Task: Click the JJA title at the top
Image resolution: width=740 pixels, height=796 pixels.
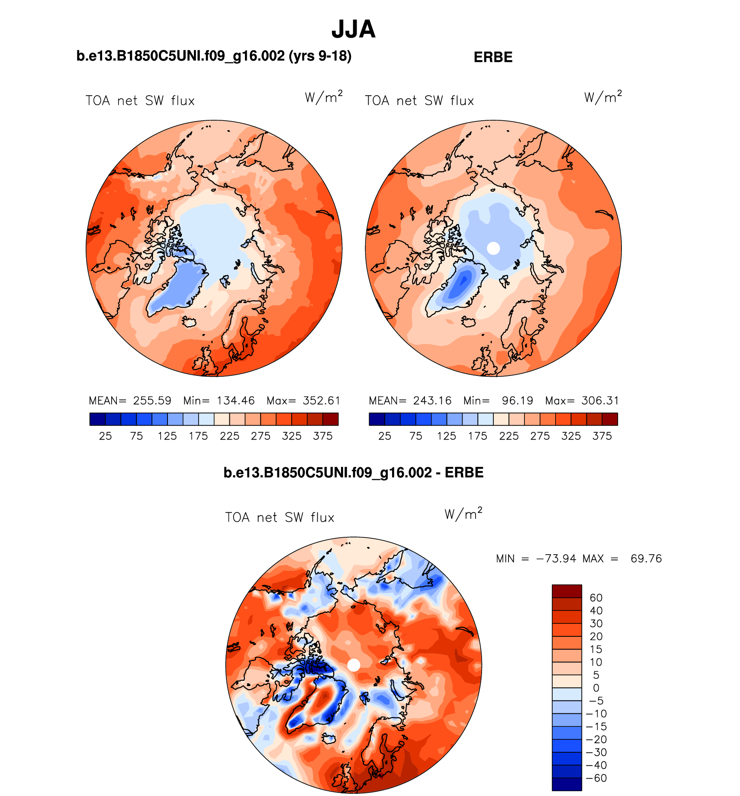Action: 353,29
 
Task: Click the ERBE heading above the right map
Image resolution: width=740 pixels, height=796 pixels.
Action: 493,57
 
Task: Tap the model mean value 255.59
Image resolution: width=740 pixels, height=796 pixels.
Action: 152,401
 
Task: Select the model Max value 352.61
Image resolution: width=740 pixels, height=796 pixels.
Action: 322,401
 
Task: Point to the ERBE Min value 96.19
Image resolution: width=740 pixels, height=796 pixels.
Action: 517,401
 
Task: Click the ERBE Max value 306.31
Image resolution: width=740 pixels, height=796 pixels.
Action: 600,401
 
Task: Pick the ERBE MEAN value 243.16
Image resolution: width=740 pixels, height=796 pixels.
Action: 432,401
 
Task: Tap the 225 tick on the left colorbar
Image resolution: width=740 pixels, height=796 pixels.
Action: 229,436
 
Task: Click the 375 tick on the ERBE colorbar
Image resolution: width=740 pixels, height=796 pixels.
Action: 602,436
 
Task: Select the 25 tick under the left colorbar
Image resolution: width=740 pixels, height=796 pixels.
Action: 105,436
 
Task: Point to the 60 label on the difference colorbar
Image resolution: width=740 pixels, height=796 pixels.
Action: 596,598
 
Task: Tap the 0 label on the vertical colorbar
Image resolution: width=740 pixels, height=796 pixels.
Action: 596,688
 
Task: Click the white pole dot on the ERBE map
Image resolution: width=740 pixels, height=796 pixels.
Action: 493,248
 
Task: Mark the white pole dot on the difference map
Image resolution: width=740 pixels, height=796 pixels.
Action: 354,665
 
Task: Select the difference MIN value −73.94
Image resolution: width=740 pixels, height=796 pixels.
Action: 556,558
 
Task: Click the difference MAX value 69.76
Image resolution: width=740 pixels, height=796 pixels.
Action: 646,558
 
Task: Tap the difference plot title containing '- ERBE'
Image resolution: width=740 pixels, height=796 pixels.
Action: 353,472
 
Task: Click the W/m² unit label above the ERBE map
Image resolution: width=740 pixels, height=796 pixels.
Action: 603,97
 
